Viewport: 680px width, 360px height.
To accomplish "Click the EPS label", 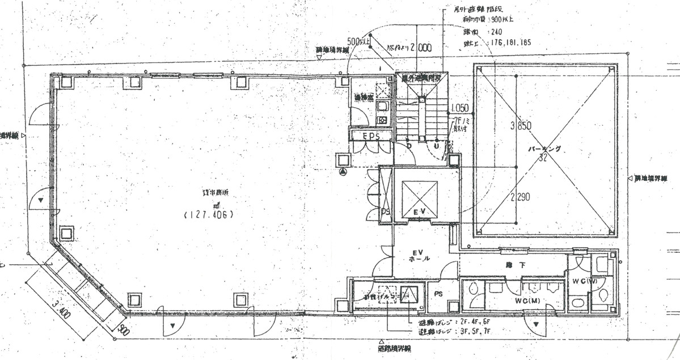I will click(x=372, y=135).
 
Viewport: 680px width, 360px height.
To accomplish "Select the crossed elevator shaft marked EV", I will click(x=420, y=200).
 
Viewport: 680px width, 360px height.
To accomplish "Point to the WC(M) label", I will click(x=526, y=299).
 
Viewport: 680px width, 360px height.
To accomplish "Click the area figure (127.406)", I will click(x=208, y=215).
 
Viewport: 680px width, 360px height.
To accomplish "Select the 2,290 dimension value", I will click(x=519, y=198).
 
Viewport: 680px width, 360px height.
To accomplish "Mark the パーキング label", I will click(x=544, y=149).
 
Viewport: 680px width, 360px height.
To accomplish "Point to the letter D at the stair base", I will click(x=409, y=146).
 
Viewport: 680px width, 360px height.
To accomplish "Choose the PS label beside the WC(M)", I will click(x=438, y=294).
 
